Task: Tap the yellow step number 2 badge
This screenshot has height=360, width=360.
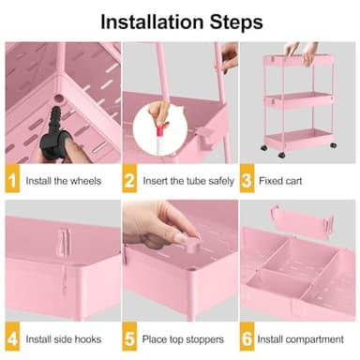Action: pos(130,179)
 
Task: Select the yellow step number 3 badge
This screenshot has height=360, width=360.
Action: pos(247,179)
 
